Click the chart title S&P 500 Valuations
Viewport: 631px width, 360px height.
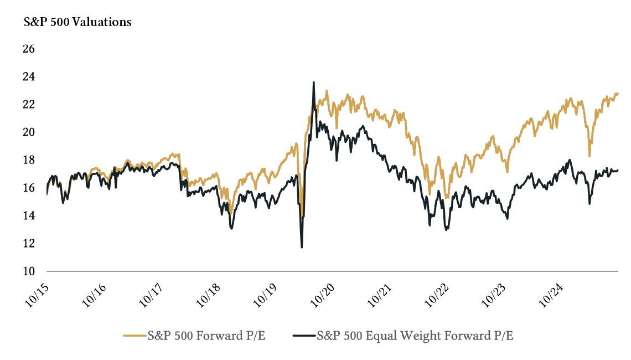77,23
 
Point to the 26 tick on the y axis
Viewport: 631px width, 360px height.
29,49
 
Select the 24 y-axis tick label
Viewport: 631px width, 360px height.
29,76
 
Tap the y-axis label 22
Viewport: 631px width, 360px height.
29,104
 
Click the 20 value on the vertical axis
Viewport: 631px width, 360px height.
29,132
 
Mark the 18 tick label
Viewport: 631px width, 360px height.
29,160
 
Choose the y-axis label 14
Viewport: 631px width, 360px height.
29,215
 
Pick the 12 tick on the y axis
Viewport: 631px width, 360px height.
29,243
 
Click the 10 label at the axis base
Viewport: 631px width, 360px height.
29,271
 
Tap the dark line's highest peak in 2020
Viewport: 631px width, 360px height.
314,83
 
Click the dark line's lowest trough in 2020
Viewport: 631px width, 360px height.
302,247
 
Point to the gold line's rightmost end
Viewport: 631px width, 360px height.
618,94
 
